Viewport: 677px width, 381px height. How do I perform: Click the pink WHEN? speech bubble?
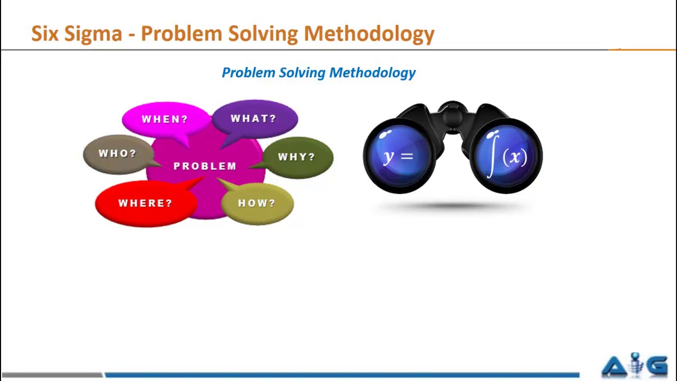[164, 119]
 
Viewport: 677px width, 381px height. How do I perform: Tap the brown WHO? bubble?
[117, 153]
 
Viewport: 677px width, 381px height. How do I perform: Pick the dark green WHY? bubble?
[297, 157]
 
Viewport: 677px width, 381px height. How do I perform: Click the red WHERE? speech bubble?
[145, 203]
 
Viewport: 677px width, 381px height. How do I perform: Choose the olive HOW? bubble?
[257, 203]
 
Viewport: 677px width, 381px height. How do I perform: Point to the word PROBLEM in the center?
[205, 166]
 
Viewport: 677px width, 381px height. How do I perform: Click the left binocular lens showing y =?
[399, 157]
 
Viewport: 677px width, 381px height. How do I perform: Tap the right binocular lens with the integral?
[507, 157]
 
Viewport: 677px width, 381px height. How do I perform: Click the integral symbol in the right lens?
[492, 155]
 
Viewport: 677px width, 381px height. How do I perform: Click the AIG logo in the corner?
[635, 366]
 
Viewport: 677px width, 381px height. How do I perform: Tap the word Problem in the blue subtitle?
[249, 72]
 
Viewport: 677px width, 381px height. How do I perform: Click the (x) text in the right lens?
[515, 157]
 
